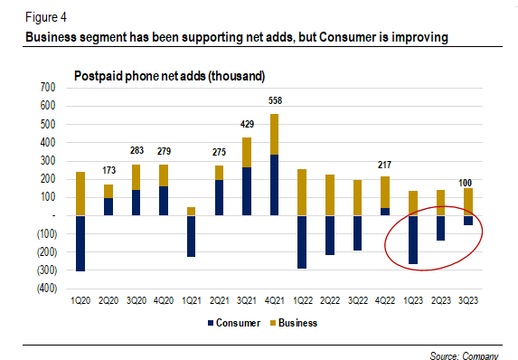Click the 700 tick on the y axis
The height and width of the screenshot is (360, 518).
point(47,88)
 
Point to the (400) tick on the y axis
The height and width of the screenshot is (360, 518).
point(44,289)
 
